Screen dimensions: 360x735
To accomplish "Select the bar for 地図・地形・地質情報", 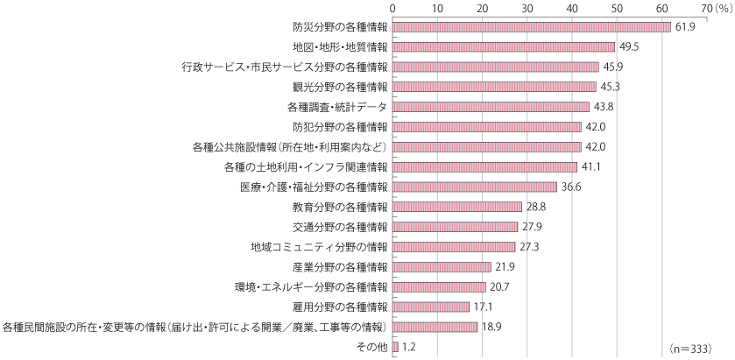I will point(504,46).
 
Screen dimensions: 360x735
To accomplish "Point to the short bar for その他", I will point(395,347).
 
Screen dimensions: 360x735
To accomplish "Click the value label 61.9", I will point(684,27).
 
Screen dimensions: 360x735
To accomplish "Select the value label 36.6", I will point(571,187).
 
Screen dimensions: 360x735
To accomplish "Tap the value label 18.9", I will point(492,328).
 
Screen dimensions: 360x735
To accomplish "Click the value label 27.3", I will point(528,247).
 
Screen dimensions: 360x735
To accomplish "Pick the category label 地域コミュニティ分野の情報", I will point(319,247).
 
